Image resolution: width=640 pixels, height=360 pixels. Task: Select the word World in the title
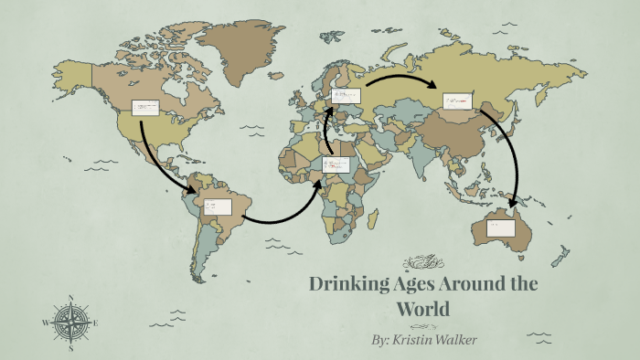422,310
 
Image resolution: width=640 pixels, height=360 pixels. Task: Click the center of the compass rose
70,323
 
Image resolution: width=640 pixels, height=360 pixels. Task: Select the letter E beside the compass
95,323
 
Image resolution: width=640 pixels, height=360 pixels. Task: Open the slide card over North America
145,109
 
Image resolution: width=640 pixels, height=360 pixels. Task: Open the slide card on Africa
336,165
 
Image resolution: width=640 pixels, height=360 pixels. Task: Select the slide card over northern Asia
459,101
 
